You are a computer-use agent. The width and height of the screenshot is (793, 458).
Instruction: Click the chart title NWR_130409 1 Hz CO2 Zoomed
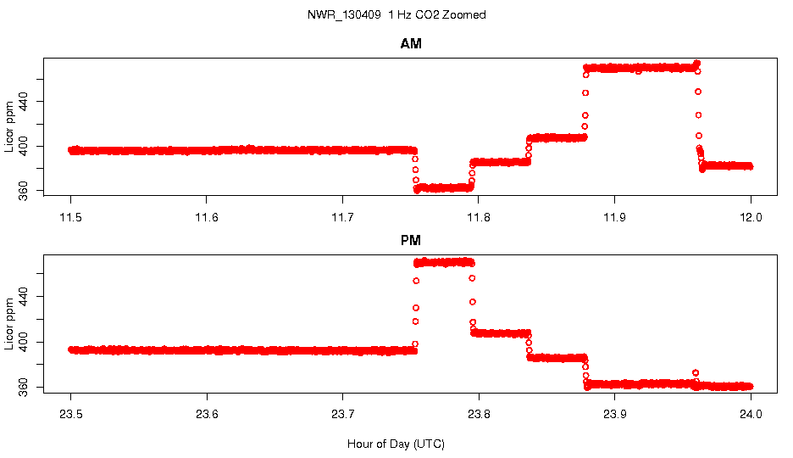click(396, 15)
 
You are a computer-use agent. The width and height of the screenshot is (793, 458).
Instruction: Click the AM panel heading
click(411, 44)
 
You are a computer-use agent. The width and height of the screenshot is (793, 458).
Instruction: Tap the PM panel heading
click(411, 241)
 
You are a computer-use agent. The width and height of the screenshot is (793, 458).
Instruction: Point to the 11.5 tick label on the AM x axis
click(71, 217)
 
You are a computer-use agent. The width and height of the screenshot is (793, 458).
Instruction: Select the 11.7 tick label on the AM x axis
click(342, 217)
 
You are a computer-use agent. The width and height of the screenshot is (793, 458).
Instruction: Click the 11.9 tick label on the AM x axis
click(614, 217)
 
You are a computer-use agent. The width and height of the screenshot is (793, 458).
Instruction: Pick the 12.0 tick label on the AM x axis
click(751, 217)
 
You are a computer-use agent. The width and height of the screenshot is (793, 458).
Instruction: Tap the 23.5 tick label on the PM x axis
click(71, 415)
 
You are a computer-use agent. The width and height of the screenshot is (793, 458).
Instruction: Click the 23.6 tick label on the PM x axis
click(207, 415)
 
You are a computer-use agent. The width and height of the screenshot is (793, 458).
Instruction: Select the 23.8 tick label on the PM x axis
click(479, 415)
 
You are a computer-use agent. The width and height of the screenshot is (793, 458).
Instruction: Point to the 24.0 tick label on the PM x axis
click(751, 415)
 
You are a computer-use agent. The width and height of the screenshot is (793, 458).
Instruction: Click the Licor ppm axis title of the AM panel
click(9, 126)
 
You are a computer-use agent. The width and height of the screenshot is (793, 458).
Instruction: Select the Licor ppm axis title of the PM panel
click(9, 323)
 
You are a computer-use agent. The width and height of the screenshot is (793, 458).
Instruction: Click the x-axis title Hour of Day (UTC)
click(396, 444)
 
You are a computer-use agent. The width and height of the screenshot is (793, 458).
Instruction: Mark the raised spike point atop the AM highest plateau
click(696, 63)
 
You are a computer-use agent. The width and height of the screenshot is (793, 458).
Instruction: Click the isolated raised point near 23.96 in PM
click(696, 372)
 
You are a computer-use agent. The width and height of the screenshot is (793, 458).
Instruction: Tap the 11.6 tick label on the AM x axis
click(207, 217)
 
